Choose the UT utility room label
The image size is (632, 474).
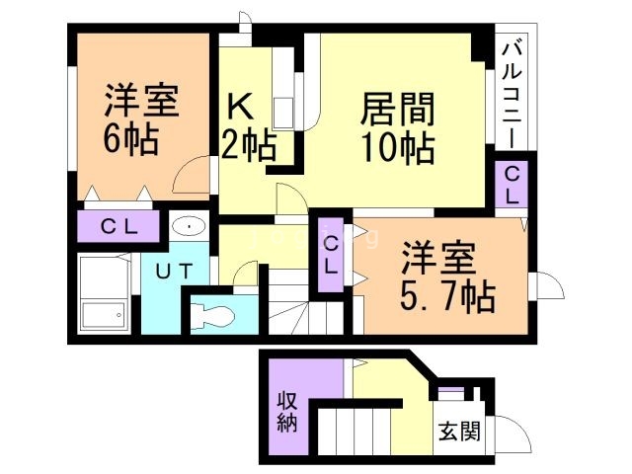165,270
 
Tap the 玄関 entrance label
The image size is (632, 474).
458,432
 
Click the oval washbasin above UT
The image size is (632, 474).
187,227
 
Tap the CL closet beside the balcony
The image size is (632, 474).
512,184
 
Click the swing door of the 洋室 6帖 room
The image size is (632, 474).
190,179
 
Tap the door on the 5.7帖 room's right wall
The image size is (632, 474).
547,286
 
